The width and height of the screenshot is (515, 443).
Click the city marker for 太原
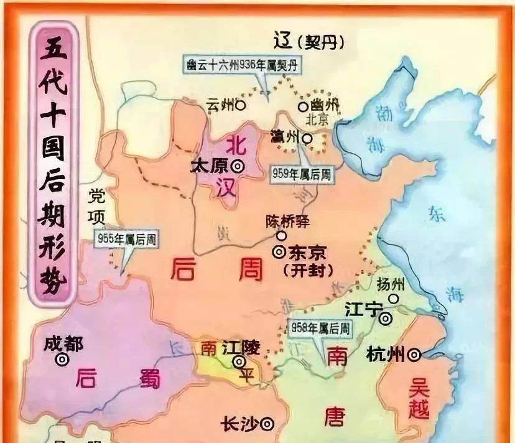click(237, 166)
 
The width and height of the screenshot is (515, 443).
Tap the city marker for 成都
click(62, 360)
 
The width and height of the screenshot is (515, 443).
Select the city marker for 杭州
click(414, 355)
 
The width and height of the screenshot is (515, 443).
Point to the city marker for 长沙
click(267, 424)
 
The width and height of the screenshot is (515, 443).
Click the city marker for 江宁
click(387, 319)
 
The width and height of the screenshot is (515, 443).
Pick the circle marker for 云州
click(240, 106)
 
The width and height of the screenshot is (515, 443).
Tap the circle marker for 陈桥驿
click(282, 236)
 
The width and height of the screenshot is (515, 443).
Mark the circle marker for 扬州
click(393, 299)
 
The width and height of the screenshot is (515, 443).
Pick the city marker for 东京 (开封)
click(278, 252)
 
